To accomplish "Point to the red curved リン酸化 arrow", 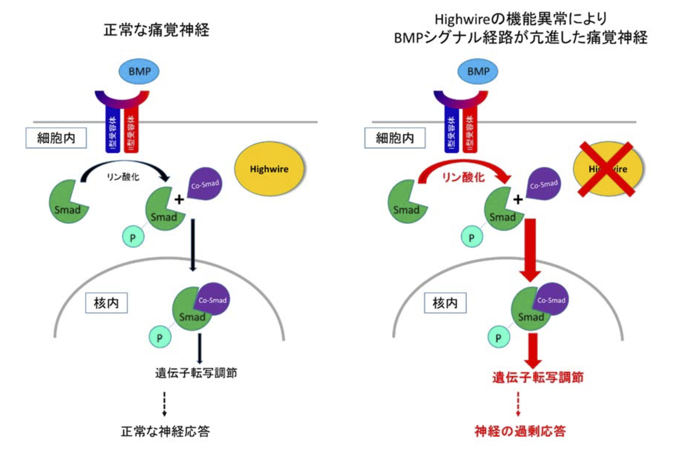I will (x=463, y=164).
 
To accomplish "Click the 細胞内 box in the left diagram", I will (x=56, y=138).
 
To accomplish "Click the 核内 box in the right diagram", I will (x=445, y=303).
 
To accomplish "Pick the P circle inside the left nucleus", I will (x=160, y=337).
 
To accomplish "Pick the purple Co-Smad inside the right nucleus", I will (x=552, y=299).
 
